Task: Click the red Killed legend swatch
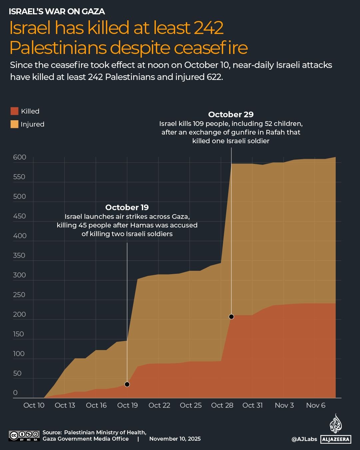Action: click(x=14, y=111)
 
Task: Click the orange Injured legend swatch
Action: click(x=14, y=124)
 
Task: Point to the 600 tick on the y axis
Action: click(x=20, y=157)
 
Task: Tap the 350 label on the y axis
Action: click(x=19, y=255)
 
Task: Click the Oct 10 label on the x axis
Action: click(x=34, y=405)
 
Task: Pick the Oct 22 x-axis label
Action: click(x=159, y=405)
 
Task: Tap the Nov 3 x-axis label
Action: click(x=284, y=405)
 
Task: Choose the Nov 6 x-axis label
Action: click(x=315, y=405)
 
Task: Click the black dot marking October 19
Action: click(x=127, y=384)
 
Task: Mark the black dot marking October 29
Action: click(x=231, y=317)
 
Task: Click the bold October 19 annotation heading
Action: click(x=127, y=208)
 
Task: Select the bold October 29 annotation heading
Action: click(x=231, y=115)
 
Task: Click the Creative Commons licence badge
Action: click(x=24, y=436)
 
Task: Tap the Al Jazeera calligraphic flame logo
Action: click(x=336, y=424)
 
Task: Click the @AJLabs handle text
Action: click(x=304, y=439)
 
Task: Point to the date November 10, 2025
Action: click(x=175, y=439)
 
